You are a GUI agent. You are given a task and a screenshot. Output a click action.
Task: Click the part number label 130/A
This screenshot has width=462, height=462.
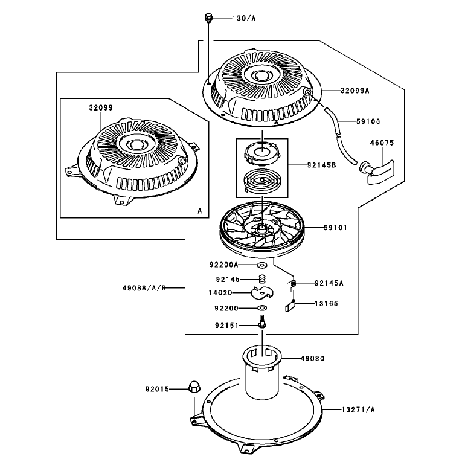244,18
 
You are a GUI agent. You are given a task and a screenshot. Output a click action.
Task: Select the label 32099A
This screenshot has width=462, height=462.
355,91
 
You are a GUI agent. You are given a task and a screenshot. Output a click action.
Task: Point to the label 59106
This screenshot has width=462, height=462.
368,121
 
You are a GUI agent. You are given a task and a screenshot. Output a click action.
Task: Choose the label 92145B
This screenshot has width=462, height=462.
321,165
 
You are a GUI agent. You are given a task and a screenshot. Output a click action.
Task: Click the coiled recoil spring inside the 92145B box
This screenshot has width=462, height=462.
261,181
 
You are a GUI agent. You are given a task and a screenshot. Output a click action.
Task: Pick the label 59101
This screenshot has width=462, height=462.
335,228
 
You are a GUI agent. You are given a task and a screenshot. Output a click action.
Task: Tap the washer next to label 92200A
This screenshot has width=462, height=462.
261,265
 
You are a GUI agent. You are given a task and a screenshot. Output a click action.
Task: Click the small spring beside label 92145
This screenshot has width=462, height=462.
262,278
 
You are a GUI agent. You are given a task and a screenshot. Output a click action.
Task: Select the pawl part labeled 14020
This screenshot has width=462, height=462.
262,292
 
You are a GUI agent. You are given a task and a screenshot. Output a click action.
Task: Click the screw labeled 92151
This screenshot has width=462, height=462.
262,321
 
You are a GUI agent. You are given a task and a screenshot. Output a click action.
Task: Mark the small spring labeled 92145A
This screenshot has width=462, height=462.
293,283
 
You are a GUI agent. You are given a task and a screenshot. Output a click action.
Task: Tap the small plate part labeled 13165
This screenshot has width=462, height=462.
290,306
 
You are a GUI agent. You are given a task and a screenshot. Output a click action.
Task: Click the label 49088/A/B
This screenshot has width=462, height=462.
144,288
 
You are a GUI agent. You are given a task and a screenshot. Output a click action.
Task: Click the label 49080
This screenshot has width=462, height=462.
312,358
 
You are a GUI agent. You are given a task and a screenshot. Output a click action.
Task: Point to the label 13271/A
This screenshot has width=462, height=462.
358,409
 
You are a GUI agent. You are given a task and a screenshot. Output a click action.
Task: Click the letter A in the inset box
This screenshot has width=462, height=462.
200,211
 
